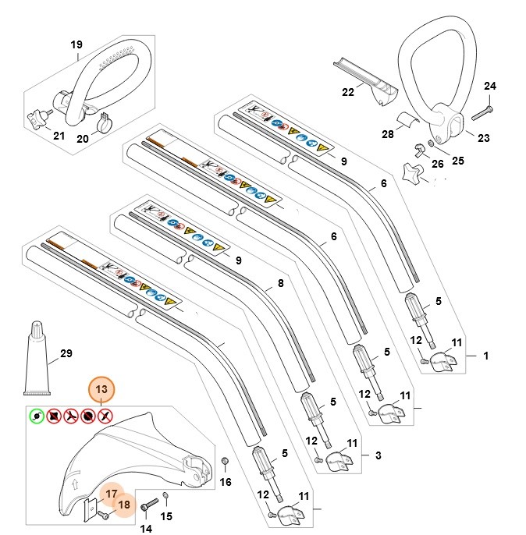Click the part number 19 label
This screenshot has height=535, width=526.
click(76, 45)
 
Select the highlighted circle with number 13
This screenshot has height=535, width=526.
click(101, 389)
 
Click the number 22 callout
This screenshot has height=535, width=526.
click(348, 92)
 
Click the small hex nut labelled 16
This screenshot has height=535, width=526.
click(225, 462)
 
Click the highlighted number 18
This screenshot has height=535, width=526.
click(123, 505)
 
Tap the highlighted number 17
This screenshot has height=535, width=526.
click(112, 494)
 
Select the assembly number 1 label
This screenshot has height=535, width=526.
click(486, 356)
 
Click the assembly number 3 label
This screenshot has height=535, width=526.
click(378, 455)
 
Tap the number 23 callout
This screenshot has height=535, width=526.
click(483, 138)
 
